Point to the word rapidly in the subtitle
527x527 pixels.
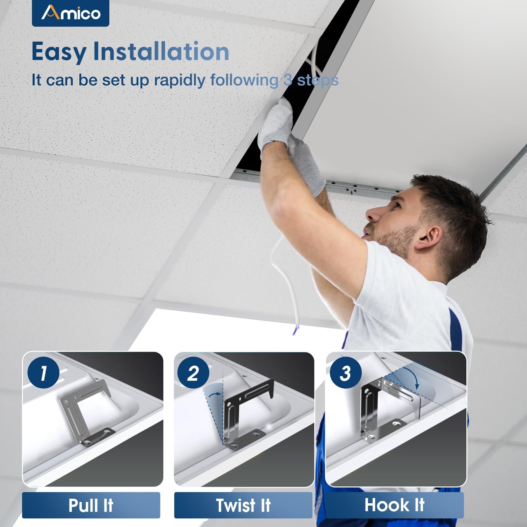[x=180, y=80]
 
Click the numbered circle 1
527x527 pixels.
[x=43, y=373]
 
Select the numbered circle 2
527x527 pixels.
[x=193, y=373]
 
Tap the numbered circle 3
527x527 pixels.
[x=346, y=373]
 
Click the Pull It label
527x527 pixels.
[x=91, y=505]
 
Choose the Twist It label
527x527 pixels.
[x=243, y=505]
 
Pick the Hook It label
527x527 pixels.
[x=395, y=505]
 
